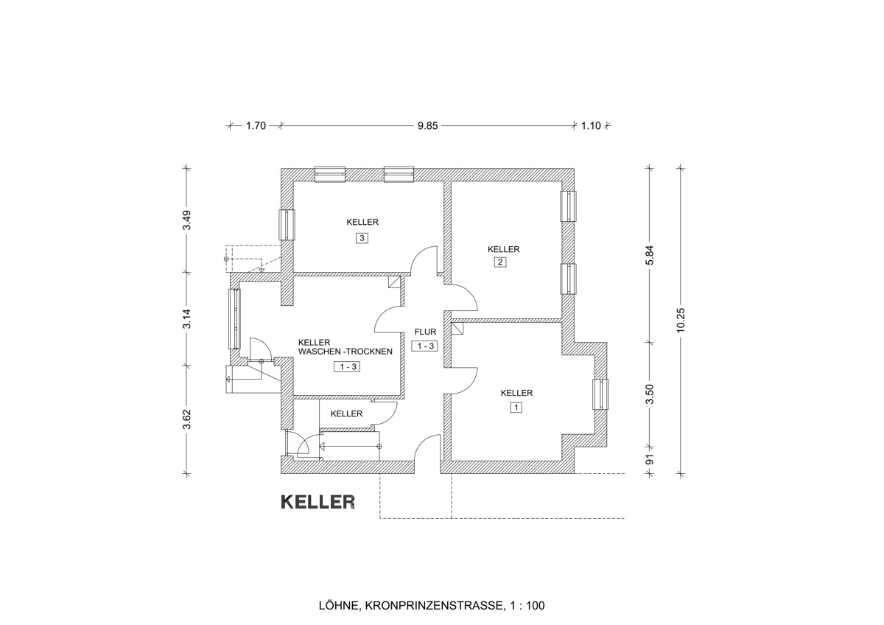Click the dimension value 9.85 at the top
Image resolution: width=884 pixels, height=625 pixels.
pos(427,126)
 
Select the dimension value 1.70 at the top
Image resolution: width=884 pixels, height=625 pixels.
pos(255,126)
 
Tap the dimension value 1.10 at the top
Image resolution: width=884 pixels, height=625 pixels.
pos(591,126)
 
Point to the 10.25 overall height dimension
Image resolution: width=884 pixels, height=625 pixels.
pos(679,321)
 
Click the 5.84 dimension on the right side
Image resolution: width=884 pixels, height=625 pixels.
pos(649,254)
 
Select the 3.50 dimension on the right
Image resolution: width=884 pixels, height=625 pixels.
pos(649,394)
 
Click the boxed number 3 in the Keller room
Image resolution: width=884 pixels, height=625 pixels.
pos(362,238)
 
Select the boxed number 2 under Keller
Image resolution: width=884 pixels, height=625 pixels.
pos(500,262)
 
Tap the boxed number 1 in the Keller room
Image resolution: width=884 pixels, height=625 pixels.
pos(516,407)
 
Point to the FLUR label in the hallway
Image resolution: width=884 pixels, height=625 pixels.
pos(426,332)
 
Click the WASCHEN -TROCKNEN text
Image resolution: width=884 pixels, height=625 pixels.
pos(345,352)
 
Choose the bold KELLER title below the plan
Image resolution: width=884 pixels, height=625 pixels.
pos(318,502)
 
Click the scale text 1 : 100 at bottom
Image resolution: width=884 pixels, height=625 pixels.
pos(527,606)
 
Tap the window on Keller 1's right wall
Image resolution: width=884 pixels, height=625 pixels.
pos(602,395)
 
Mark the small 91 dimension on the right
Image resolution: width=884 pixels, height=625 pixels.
pos(649,458)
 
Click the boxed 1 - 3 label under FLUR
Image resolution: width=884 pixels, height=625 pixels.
pos(427,346)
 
